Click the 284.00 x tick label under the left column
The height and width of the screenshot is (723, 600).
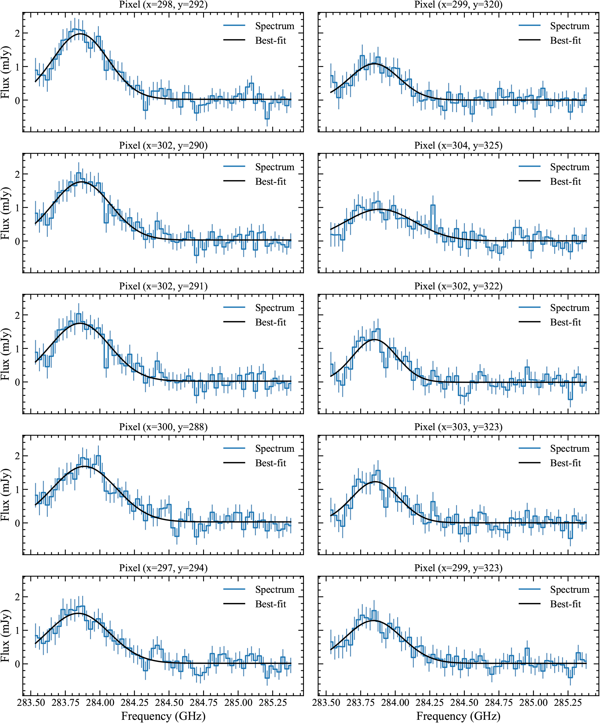pyautogui.click(x=100, y=703)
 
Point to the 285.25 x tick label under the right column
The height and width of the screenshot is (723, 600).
pyautogui.click(x=568, y=703)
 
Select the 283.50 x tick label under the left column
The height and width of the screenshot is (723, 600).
pyautogui.click(x=31, y=703)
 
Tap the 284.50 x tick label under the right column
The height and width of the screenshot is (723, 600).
pyautogui.click(x=464, y=703)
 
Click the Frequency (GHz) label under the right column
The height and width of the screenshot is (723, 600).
pyautogui.click(x=458, y=716)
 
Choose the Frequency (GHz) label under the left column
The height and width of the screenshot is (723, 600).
pyautogui.click(x=163, y=716)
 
